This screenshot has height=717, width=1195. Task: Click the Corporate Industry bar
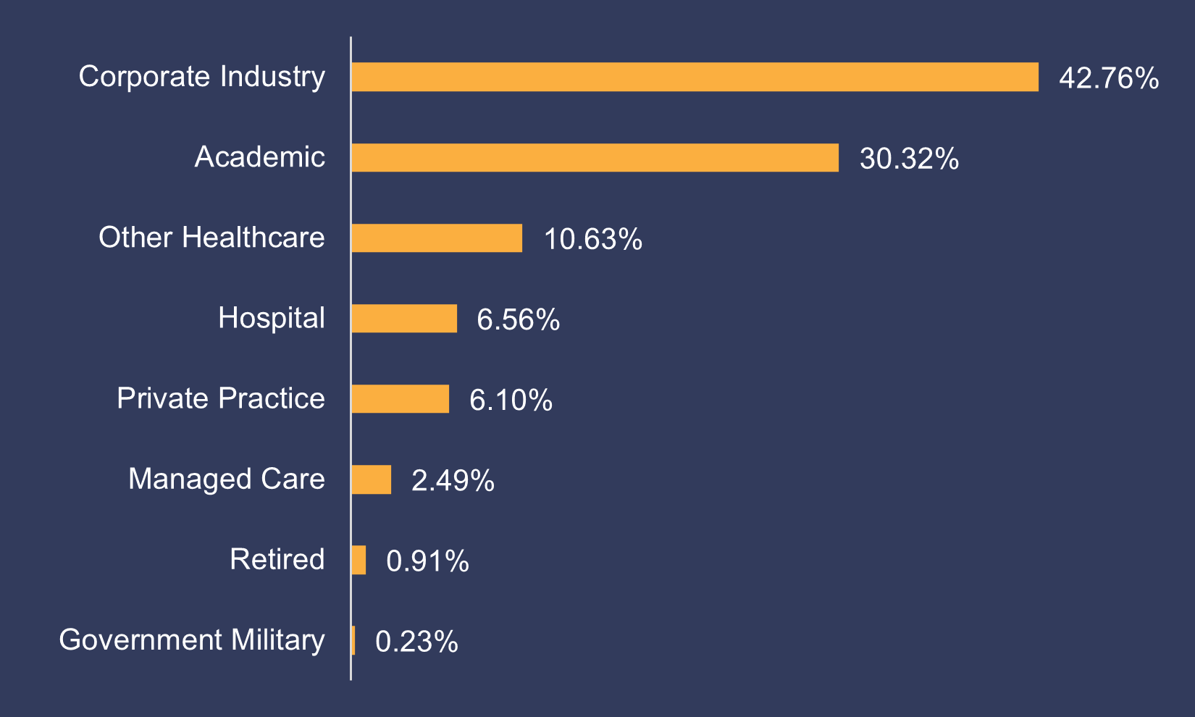tap(695, 77)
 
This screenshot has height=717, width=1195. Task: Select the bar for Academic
tap(595, 157)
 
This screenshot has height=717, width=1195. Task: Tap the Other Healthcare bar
tap(437, 238)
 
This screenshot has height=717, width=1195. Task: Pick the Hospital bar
tap(404, 318)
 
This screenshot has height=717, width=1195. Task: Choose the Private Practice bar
tap(401, 398)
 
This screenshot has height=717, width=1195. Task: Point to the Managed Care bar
tap(372, 479)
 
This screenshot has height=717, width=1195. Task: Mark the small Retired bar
tap(358, 560)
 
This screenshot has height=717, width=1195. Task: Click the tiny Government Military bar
tap(353, 640)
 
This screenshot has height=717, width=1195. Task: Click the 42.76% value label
tap(1108, 78)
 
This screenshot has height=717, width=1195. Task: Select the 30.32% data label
tap(909, 159)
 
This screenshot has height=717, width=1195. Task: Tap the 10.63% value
tap(592, 239)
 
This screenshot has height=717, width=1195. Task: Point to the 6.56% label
tap(518, 319)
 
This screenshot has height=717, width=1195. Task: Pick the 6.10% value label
tap(511, 400)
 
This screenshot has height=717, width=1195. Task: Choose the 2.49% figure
tap(453, 480)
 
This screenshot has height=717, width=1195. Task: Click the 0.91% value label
tap(427, 561)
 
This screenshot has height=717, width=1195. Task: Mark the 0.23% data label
tap(416, 642)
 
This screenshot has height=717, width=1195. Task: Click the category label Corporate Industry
tap(201, 77)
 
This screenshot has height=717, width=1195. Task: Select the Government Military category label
tap(192, 640)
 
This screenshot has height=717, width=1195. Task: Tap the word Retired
tap(277, 560)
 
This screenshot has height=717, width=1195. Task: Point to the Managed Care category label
tap(226, 479)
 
